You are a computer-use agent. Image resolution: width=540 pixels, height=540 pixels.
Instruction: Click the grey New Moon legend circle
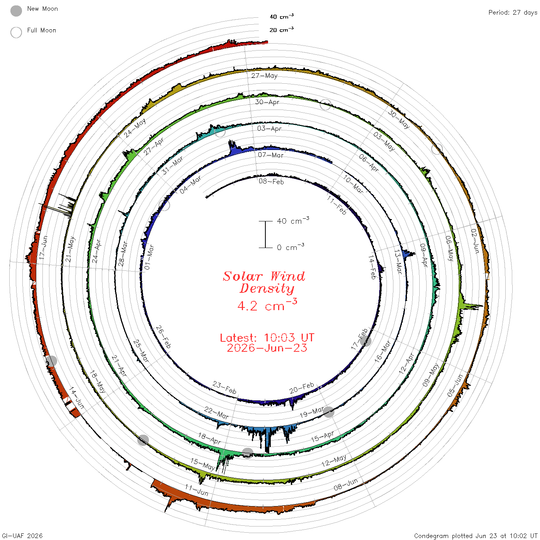click(16, 11)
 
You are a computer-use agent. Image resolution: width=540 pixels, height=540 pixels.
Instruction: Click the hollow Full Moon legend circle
click(16, 32)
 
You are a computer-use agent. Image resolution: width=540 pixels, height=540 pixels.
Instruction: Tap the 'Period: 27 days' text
click(513, 13)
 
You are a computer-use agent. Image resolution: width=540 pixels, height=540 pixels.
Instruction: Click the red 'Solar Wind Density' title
click(264, 282)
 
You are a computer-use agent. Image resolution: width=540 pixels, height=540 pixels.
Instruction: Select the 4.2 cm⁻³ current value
click(267, 305)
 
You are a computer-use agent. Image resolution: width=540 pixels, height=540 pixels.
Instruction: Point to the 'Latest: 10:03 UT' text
click(267, 337)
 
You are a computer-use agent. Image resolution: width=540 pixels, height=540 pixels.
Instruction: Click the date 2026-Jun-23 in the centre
click(267, 348)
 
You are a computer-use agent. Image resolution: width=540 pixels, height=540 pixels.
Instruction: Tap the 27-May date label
click(264, 76)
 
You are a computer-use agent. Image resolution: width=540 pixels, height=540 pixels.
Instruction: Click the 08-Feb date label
click(271, 181)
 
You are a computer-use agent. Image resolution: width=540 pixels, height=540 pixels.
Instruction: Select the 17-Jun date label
click(44, 248)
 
